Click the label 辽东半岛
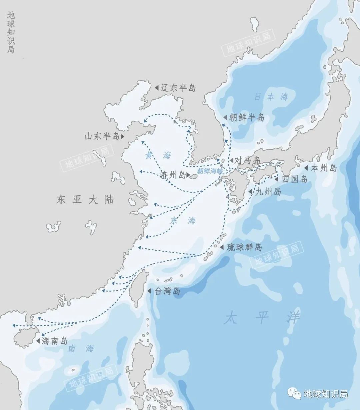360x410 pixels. [178, 88]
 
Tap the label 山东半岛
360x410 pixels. [102, 136]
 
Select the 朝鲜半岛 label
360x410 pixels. [247, 117]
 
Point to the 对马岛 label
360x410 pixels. [247, 161]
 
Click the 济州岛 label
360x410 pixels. [172, 175]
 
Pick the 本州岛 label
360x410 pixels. [324, 168]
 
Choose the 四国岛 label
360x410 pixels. [294, 179]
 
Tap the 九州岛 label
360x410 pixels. [268, 192]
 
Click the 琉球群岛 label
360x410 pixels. [244, 247]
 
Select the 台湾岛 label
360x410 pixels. [167, 291]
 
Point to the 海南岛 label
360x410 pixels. [55, 341]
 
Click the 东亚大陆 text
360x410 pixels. [85, 200]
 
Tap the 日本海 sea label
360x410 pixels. [271, 97]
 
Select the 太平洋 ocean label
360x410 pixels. [262, 318]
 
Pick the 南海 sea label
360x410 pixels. [81, 349]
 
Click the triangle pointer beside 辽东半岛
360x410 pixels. [156, 88]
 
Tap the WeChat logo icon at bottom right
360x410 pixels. [295, 394]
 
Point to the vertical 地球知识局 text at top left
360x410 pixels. [11, 33]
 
